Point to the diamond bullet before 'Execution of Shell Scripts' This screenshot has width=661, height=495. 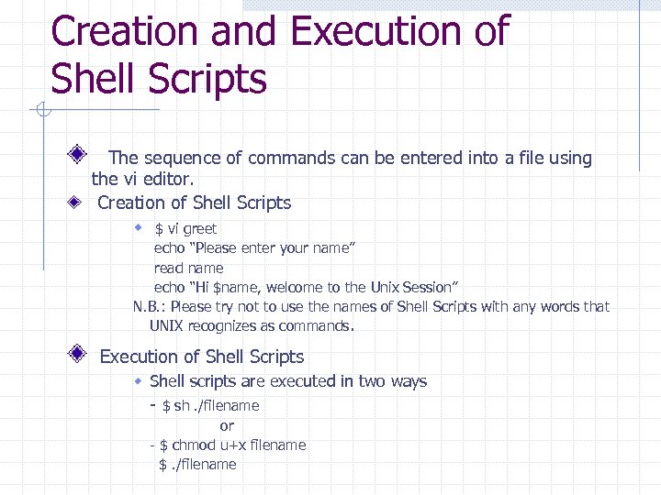pyautogui.click(x=81, y=353)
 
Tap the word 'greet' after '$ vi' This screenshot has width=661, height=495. pyautogui.click(x=199, y=229)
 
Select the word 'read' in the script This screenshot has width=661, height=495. pyautogui.click(x=168, y=268)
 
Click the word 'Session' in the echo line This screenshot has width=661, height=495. pyautogui.click(x=424, y=287)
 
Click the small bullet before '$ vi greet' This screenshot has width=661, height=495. pyautogui.click(x=139, y=227)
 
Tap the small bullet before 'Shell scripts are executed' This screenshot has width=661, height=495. pyautogui.click(x=139, y=380)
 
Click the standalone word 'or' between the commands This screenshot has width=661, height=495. pyautogui.click(x=227, y=425)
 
